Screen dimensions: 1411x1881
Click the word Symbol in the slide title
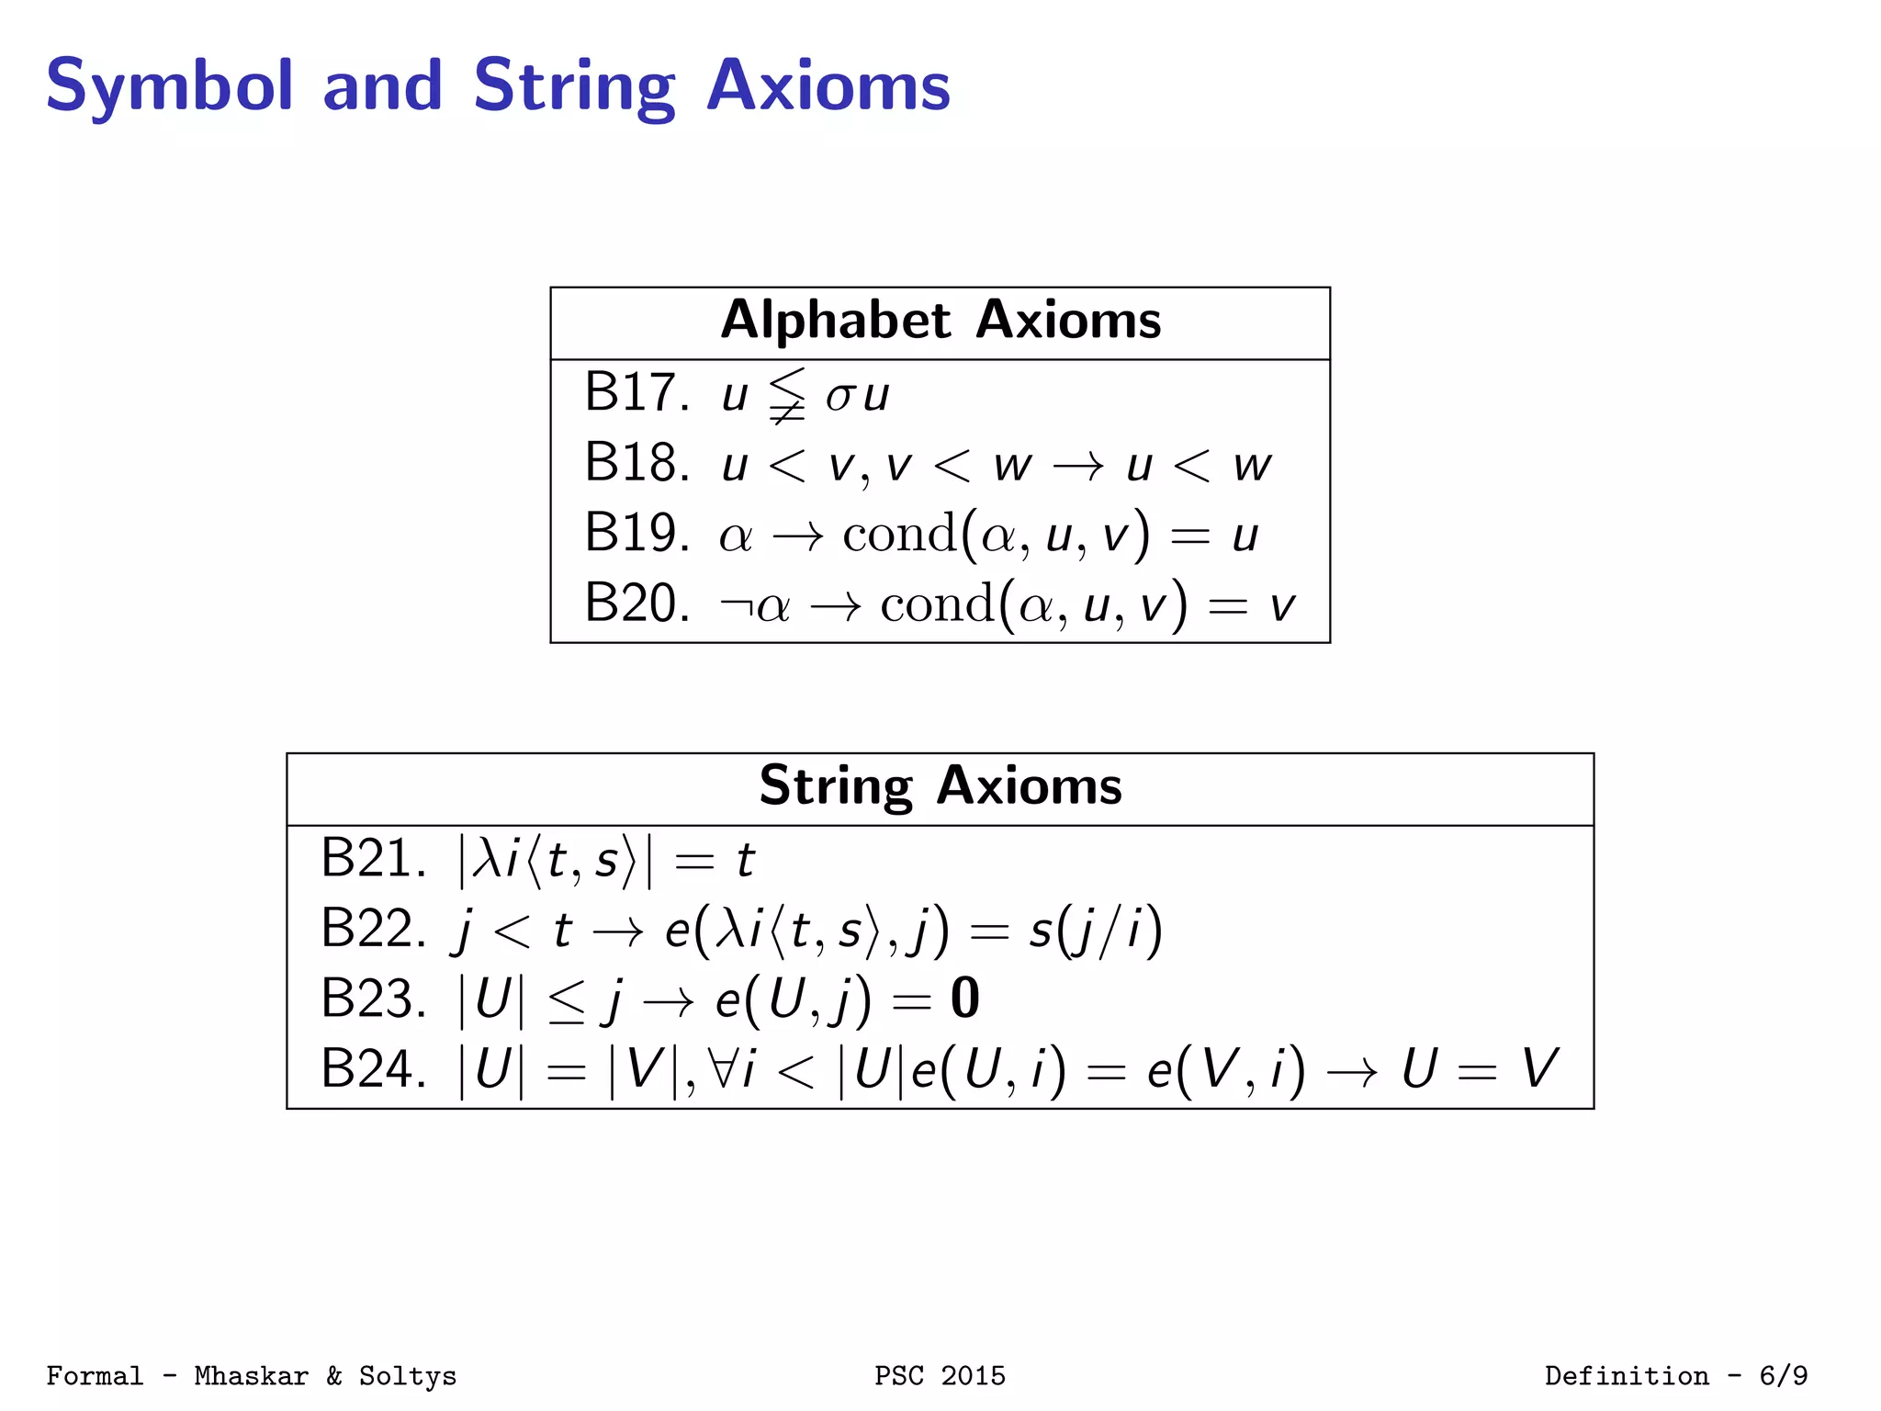click(x=169, y=86)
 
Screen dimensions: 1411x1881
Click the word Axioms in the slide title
click(x=828, y=86)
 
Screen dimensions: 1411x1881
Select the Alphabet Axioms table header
click(x=940, y=321)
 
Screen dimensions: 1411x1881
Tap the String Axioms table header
click(x=940, y=786)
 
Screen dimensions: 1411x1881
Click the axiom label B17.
click(x=636, y=392)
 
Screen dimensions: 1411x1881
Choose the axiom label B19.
click(x=636, y=533)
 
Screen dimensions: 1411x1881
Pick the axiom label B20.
click(x=636, y=604)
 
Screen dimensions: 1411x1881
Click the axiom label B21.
click(x=373, y=859)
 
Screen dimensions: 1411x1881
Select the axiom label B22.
click(x=373, y=929)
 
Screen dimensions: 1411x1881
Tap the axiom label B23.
click(x=373, y=999)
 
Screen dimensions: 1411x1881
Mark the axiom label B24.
click(x=373, y=1068)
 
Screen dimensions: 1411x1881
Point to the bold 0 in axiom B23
click(x=964, y=999)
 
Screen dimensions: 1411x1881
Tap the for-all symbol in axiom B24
click(x=724, y=1067)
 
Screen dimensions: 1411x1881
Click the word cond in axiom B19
click(x=900, y=533)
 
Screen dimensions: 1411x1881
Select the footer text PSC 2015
click(x=940, y=1375)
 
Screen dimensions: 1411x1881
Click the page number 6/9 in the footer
click(x=1783, y=1375)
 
